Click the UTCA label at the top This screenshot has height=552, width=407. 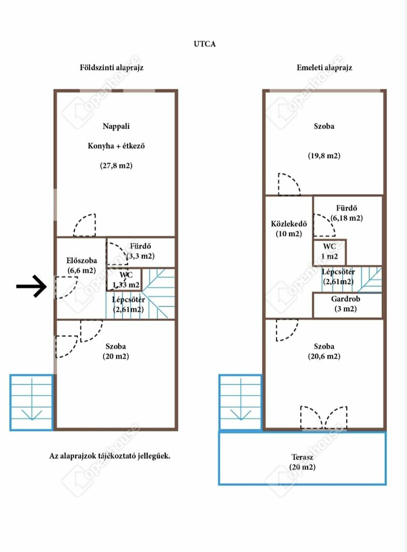click(205, 44)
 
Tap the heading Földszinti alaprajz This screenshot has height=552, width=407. click(112, 67)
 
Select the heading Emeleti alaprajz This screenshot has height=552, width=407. click(325, 67)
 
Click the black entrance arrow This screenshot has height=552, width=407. click(31, 286)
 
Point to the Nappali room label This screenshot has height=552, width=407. click(116, 126)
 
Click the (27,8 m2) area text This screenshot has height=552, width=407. click(116, 166)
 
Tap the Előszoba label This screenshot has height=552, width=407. click(81, 261)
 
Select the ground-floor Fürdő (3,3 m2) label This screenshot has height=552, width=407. click(141, 251)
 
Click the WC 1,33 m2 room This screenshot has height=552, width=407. click(124, 280)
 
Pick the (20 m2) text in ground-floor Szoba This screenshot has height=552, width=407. click(116, 356)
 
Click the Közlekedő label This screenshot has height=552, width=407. click(289, 224)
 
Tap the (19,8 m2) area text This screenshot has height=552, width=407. click(324, 155)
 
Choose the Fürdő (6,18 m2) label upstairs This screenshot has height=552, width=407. click(347, 213)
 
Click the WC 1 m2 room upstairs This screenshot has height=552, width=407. click(329, 252)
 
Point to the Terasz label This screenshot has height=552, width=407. click(302, 457)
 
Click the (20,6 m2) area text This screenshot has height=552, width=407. click(324, 356)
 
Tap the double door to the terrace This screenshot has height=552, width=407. click(324, 418)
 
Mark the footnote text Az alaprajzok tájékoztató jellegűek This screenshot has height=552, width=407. click(110, 456)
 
